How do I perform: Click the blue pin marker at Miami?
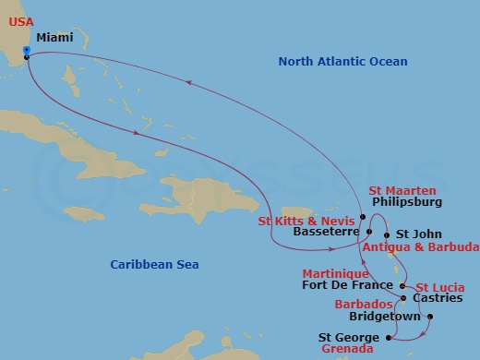pos(26,52)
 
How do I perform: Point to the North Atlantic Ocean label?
pos(342,61)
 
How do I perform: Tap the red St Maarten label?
pos(402,189)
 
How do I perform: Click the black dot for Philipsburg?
pos(364,217)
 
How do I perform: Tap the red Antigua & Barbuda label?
pos(420,247)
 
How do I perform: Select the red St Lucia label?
pos(440,287)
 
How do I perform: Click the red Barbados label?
pos(358,301)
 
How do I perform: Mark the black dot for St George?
pos(389,338)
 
